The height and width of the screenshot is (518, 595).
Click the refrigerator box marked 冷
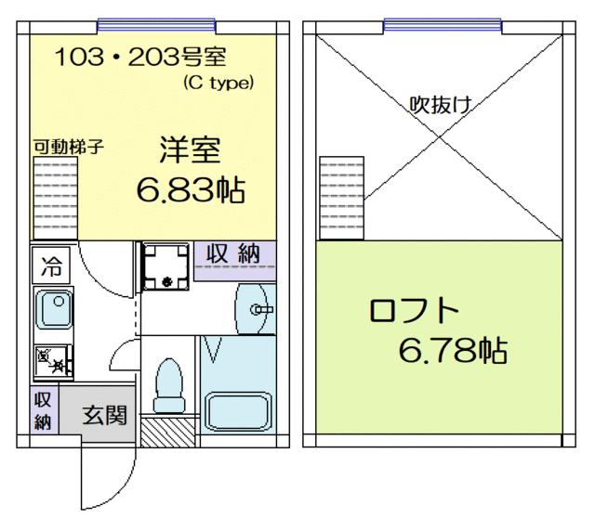49,267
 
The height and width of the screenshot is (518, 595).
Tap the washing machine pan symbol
165,265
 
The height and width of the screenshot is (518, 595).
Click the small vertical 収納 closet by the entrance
42,410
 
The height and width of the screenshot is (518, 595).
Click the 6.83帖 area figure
191,190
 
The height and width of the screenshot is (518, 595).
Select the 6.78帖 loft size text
452,350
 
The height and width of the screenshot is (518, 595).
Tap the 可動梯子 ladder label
67,146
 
